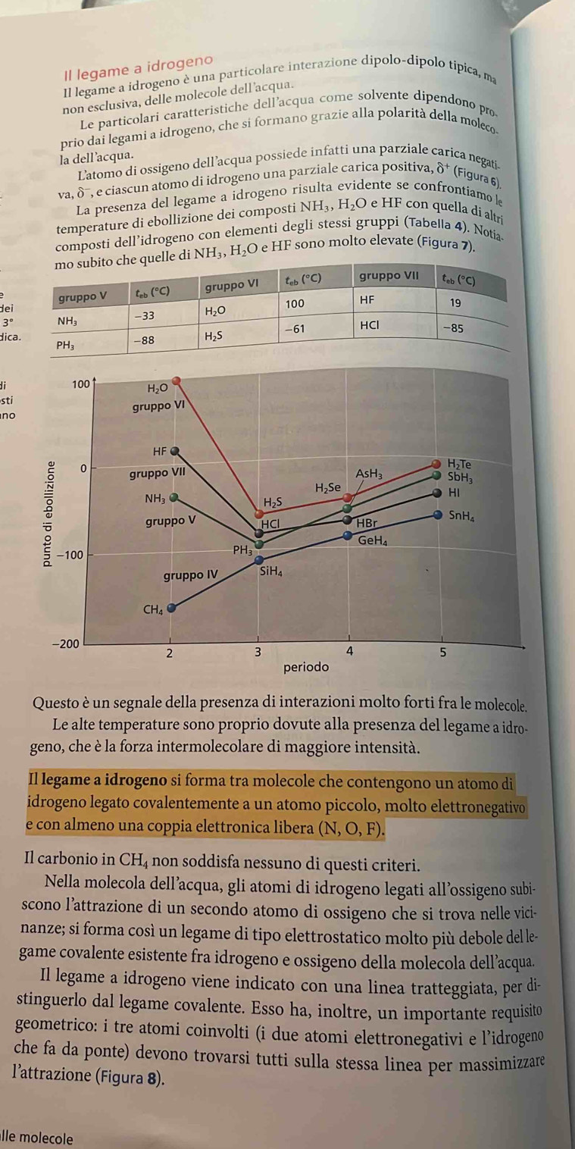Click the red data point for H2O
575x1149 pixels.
coord(175,380)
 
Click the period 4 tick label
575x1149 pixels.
coord(349,651)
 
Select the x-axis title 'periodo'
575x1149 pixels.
coord(306,668)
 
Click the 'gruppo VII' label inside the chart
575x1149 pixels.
coord(156,452)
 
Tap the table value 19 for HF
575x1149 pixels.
coord(455,303)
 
